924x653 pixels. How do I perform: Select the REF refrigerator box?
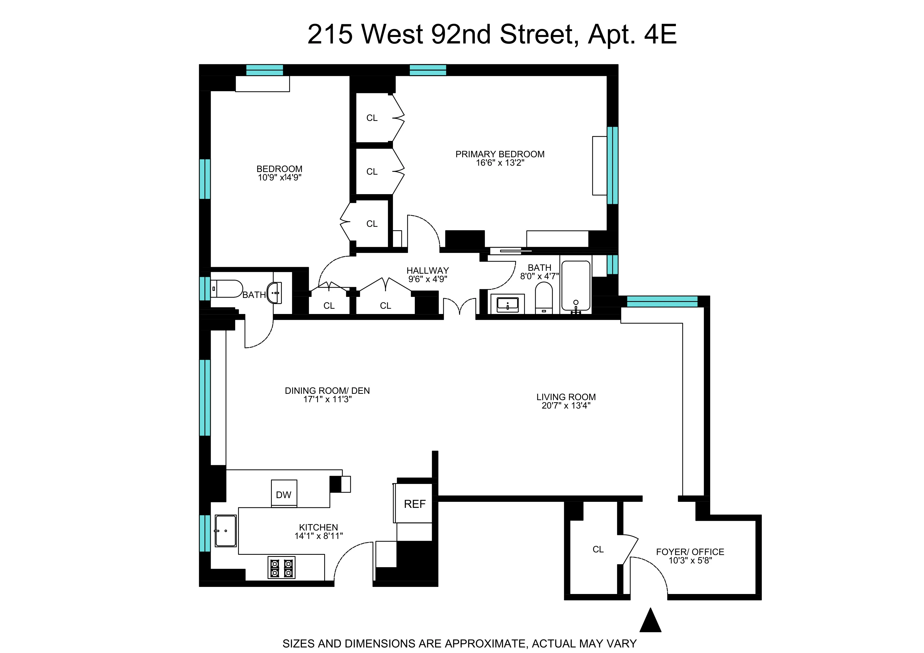click(x=415, y=504)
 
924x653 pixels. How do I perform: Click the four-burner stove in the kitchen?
click(x=281, y=568)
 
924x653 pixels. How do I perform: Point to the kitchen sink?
click(x=225, y=531)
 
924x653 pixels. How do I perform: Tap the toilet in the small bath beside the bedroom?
click(x=226, y=288)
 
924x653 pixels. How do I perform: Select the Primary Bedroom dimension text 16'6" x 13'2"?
click(x=500, y=163)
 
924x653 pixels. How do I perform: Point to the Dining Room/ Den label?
click(x=327, y=391)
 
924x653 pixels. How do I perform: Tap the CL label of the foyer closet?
click(x=598, y=549)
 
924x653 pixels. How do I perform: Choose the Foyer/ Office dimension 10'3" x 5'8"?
click(x=690, y=561)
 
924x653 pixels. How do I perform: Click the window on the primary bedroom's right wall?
click(x=612, y=165)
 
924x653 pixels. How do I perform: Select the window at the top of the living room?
click(x=662, y=301)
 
